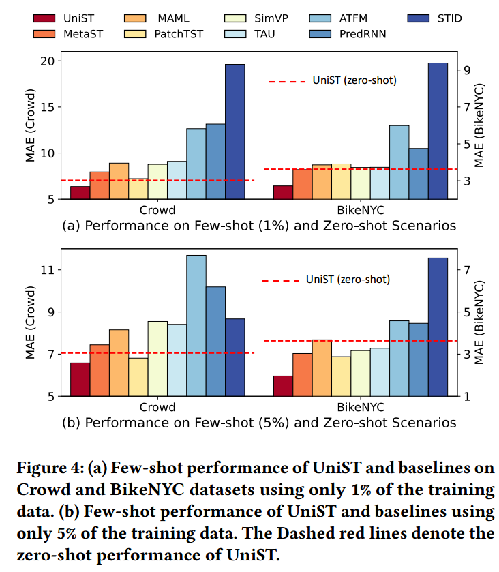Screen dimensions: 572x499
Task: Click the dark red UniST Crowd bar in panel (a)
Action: click(x=80, y=192)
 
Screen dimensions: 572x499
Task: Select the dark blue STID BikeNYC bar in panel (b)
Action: click(x=438, y=327)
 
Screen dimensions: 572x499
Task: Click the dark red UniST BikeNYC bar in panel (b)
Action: click(x=283, y=385)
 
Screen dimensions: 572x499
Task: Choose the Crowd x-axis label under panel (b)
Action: click(x=157, y=407)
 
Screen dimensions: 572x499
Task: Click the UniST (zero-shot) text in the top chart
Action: click(x=354, y=80)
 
